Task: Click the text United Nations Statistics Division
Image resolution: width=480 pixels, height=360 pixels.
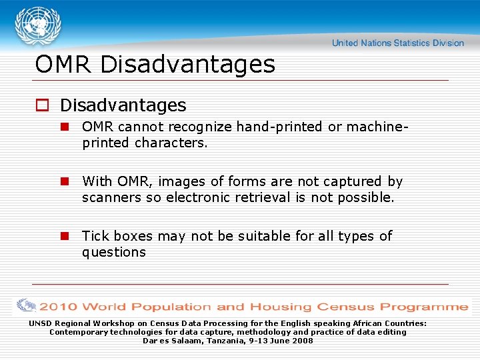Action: (397, 43)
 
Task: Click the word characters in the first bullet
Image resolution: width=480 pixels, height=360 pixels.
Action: (171, 143)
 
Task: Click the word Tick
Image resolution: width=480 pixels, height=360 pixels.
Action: (95, 236)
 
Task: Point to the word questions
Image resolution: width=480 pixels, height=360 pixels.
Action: (114, 252)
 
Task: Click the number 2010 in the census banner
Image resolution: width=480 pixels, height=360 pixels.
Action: (58, 307)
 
